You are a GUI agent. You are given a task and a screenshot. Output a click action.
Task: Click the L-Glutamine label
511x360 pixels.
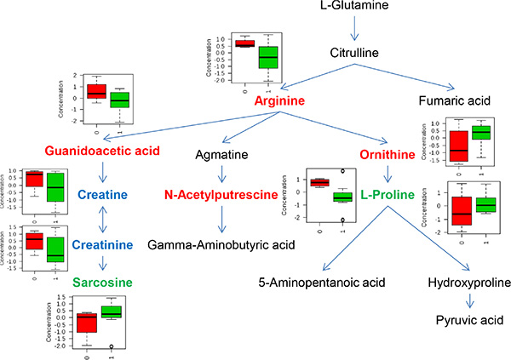355,8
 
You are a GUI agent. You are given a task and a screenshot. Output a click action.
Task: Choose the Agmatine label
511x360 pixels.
223,157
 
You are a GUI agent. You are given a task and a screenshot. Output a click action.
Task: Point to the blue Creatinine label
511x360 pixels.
102,245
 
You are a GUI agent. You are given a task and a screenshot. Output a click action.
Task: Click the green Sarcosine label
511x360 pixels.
102,281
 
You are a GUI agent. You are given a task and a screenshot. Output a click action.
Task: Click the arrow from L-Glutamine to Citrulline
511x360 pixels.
355,31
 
